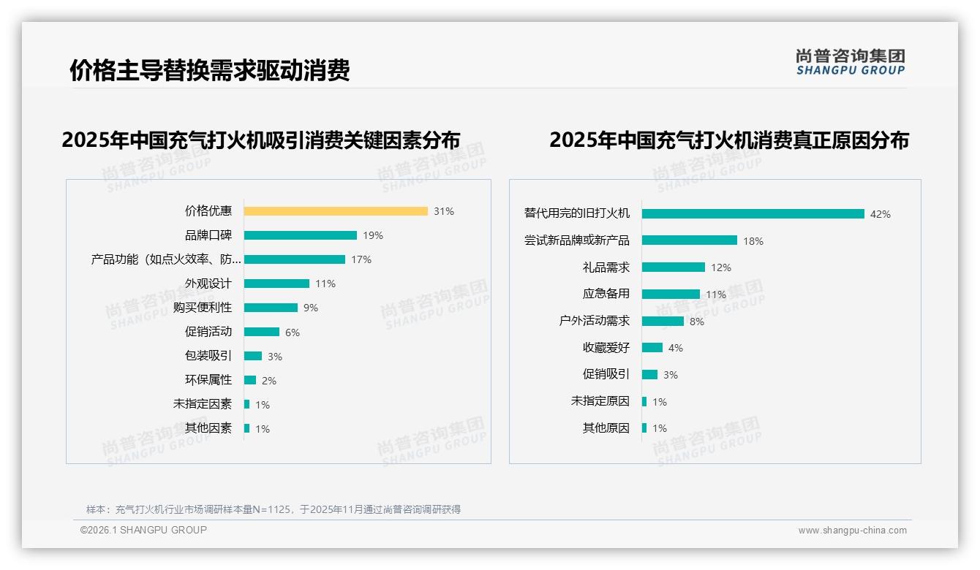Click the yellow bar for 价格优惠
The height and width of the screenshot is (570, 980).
pos(336,211)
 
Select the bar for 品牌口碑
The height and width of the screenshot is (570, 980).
pos(300,235)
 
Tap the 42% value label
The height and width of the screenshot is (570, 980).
pos(880,214)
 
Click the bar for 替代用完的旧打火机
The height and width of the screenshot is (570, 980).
pos(753,214)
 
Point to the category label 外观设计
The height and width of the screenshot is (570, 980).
pos(208,284)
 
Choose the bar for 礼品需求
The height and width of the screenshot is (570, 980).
pos(674,267)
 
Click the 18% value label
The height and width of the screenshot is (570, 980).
pos(753,241)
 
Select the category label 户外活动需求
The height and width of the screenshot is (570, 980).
pos(594,321)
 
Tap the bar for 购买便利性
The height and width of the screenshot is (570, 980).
pos(271,308)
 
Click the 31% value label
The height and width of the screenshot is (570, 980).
pos(443,211)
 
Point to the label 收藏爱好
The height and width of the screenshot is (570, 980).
pos(606,348)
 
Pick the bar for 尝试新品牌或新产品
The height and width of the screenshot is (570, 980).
pos(690,240)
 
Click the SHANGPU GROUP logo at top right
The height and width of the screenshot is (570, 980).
pos(850,62)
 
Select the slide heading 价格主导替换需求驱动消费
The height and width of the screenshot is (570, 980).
pos(210,70)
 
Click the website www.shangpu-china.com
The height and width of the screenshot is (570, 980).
pos(852,531)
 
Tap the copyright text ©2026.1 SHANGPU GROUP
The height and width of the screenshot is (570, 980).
pos(143,530)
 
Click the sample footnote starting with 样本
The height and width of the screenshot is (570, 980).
pos(273,509)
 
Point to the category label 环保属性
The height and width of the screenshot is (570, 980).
pos(208,380)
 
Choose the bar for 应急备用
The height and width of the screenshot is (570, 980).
pos(671,294)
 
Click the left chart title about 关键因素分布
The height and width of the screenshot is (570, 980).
pos(261,140)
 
